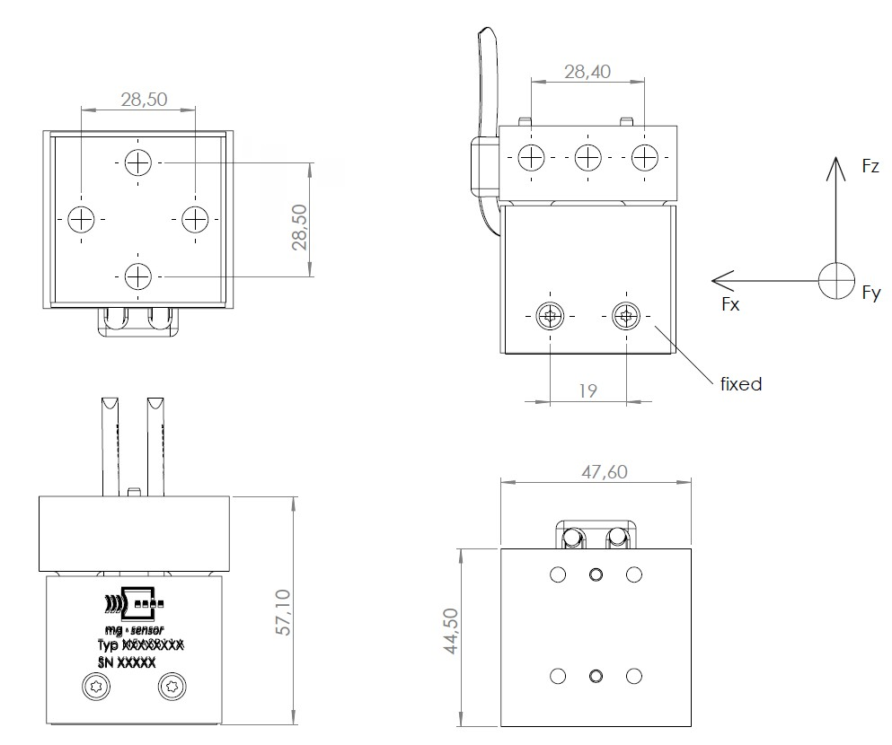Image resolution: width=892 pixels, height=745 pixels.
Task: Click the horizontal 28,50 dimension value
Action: pyautogui.click(x=144, y=100)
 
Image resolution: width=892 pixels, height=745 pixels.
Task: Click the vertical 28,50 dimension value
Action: pyautogui.click(x=299, y=227)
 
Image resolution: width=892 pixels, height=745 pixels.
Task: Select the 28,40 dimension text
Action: pyautogui.click(x=587, y=72)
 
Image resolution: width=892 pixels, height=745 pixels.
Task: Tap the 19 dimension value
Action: pyautogui.click(x=588, y=391)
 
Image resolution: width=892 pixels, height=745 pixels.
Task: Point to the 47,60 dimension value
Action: pyautogui.click(x=605, y=471)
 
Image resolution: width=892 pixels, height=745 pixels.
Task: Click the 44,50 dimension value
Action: pyautogui.click(x=451, y=631)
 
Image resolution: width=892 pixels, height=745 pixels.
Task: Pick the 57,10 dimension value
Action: pyautogui.click(x=283, y=612)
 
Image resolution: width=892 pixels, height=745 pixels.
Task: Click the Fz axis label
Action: pyautogui.click(x=870, y=166)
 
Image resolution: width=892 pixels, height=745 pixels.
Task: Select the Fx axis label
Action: pyautogui.click(x=730, y=304)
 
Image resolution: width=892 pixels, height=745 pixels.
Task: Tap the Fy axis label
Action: pyautogui.click(x=871, y=294)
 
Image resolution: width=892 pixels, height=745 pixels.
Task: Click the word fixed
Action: pyautogui.click(x=741, y=384)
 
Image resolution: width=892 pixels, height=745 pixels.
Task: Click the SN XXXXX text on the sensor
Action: pyautogui.click(x=127, y=662)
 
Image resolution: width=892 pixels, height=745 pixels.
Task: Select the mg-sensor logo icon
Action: pyautogui.click(x=134, y=602)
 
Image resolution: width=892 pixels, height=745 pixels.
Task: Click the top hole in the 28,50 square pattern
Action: pyautogui.click(x=137, y=163)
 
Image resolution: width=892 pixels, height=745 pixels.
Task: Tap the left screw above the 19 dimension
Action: pyautogui.click(x=550, y=316)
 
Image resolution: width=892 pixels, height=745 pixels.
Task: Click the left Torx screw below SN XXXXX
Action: pyautogui.click(x=95, y=687)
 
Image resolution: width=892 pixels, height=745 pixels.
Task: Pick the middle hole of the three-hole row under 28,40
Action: pyautogui.click(x=588, y=157)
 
